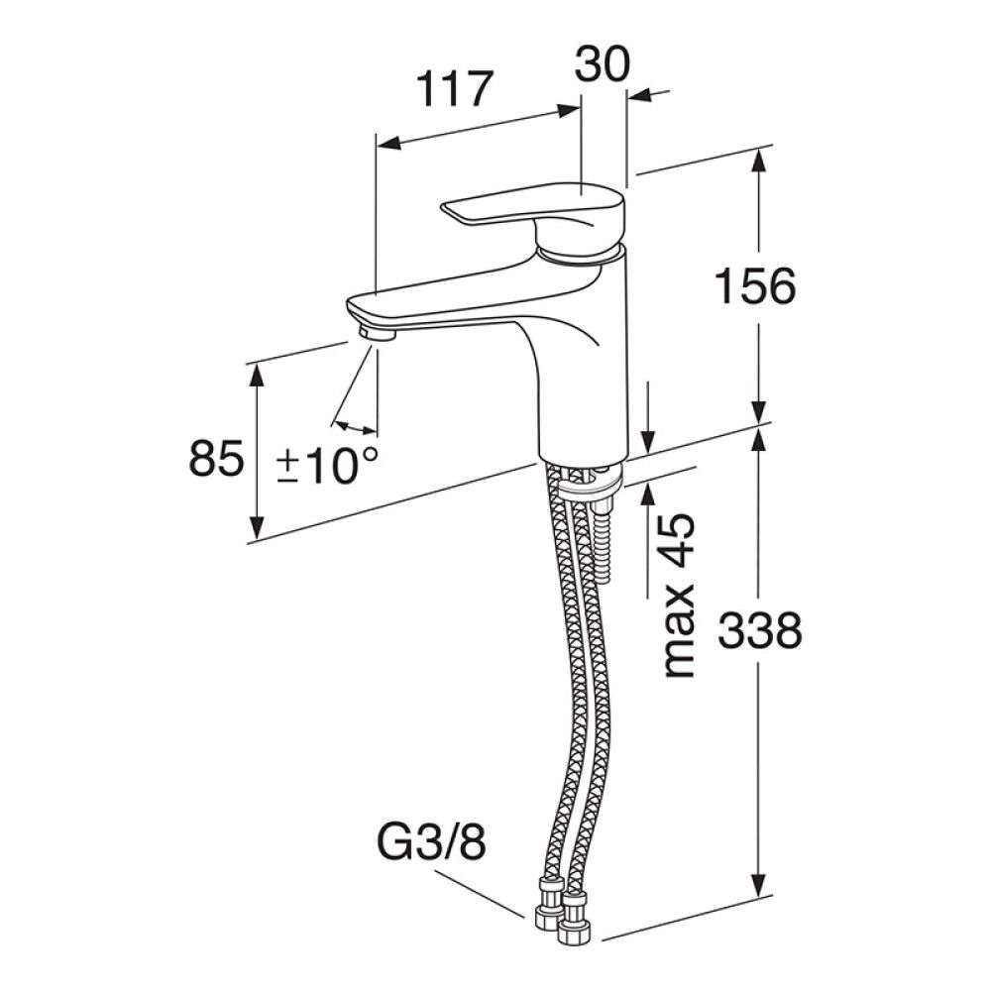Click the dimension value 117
tap(455, 89)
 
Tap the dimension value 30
tap(603, 63)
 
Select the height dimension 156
tap(754, 286)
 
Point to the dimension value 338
tap(760, 629)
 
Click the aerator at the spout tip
tap(376, 334)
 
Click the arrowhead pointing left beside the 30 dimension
tap(642, 95)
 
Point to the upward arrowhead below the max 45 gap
tap(648, 496)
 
